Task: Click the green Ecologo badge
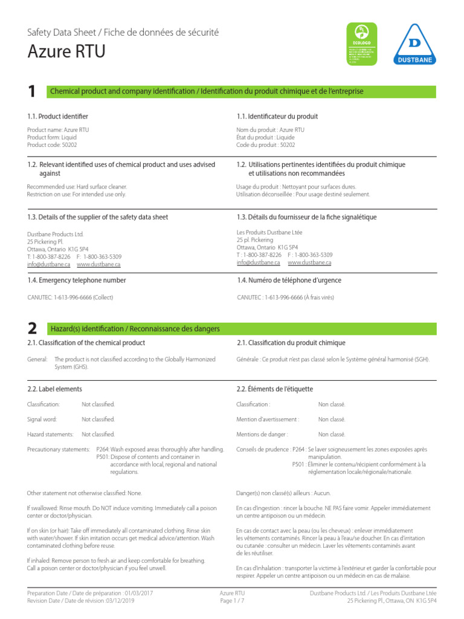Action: click(x=361, y=44)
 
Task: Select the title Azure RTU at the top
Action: click(x=66, y=52)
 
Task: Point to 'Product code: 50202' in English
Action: click(x=52, y=145)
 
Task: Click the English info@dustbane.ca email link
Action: click(x=49, y=264)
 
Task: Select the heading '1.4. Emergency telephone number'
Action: click(x=77, y=280)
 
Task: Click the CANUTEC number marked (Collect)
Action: click(x=70, y=297)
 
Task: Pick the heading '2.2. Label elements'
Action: click(x=55, y=389)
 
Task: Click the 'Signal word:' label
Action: click(x=42, y=419)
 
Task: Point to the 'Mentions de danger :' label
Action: click(x=262, y=434)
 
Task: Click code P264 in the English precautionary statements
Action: click(x=102, y=449)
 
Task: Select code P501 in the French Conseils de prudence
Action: click(x=298, y=464)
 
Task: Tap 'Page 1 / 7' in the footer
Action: click(x=232, y=601)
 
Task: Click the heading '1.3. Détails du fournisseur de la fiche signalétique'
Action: click(x=306, y=217)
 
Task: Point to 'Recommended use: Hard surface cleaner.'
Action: click(x=77, y=187)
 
